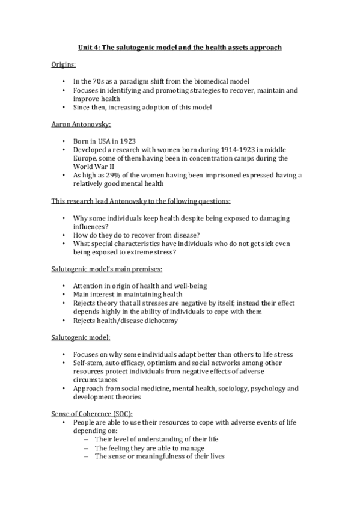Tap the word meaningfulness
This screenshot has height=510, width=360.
click(157, 456)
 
